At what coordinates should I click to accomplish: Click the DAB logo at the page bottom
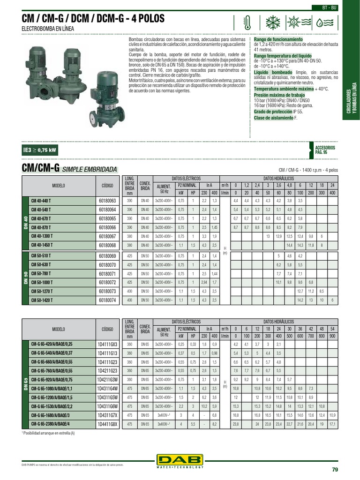coord(180,461)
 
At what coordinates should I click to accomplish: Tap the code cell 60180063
coord(107,200)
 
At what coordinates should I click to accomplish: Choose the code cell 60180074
coord(107,300)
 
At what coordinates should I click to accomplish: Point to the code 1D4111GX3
coord(107,344)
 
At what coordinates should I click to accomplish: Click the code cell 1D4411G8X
coord(107,424)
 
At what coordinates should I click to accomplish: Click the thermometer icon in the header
coord(247,22)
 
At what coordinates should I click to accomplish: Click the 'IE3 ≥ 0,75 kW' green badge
coord(40,150)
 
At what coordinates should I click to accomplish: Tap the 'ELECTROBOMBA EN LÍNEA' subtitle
coord(48,29)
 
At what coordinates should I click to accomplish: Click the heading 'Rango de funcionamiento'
coord(278,39)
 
